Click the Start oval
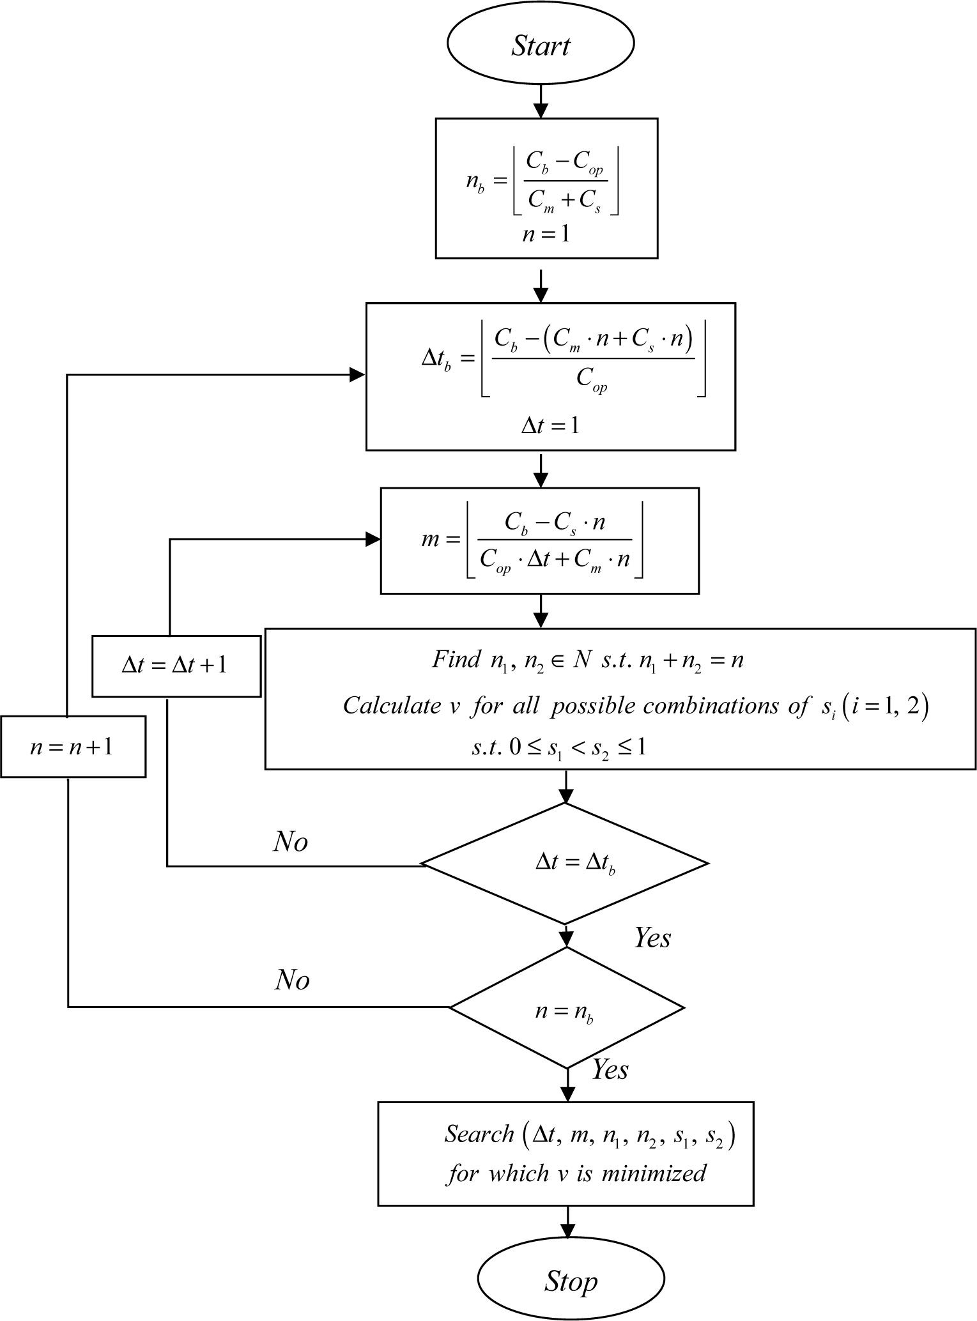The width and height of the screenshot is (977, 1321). [x=540, y=45]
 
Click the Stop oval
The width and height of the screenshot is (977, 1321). [x=571, y=1281]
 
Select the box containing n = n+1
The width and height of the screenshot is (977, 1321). [x=73, y=747]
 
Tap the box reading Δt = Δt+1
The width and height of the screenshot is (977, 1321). [x=176, y=666]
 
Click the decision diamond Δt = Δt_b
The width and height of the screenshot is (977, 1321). [x=565, y=864]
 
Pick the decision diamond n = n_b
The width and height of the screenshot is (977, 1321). [x=566, y=1007]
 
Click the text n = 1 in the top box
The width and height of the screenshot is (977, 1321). [x=545, y=234]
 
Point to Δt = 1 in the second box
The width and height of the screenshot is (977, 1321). [x=550, y=425]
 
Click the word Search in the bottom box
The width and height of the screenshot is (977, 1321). [x=479, y=1134]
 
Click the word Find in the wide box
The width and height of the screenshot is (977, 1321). [x=456, y=659]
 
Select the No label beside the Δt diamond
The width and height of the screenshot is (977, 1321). [x=291, y=842]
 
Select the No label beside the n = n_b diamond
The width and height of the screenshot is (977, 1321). [x=292, y=979]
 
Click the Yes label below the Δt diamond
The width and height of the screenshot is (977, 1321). [x=652, y=938]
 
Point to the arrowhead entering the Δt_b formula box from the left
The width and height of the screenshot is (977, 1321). [x=358, y=375]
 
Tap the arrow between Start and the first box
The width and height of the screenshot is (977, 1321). [x=541, y=102]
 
